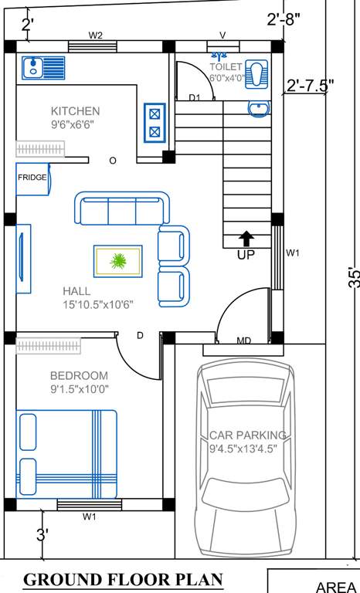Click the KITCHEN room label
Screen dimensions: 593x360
click(75, 110)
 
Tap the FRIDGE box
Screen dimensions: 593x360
click(32, 178)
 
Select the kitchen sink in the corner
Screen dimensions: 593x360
click(33, 67)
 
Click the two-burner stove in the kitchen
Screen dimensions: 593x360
click(155, 122)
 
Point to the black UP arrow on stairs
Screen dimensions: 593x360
click(246, 239)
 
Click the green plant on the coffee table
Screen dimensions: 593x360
click(118, 261)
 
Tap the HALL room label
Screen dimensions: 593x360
click(76, 291)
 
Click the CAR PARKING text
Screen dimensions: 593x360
click(248, 435)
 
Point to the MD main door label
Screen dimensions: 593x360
click(243, 341)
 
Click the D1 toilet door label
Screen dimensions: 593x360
click(195, 97)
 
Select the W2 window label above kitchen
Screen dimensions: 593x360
click(96, 35)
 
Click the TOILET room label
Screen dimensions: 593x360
click(226, 67)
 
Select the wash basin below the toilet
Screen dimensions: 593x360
click(258, 109)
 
